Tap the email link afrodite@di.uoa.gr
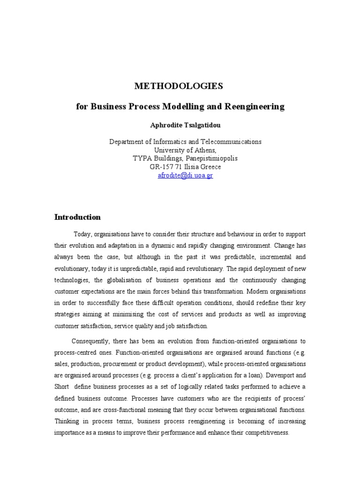[186, 175]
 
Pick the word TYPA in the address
[142, 158]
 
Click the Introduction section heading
[77, 217]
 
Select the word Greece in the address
[210, 167]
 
